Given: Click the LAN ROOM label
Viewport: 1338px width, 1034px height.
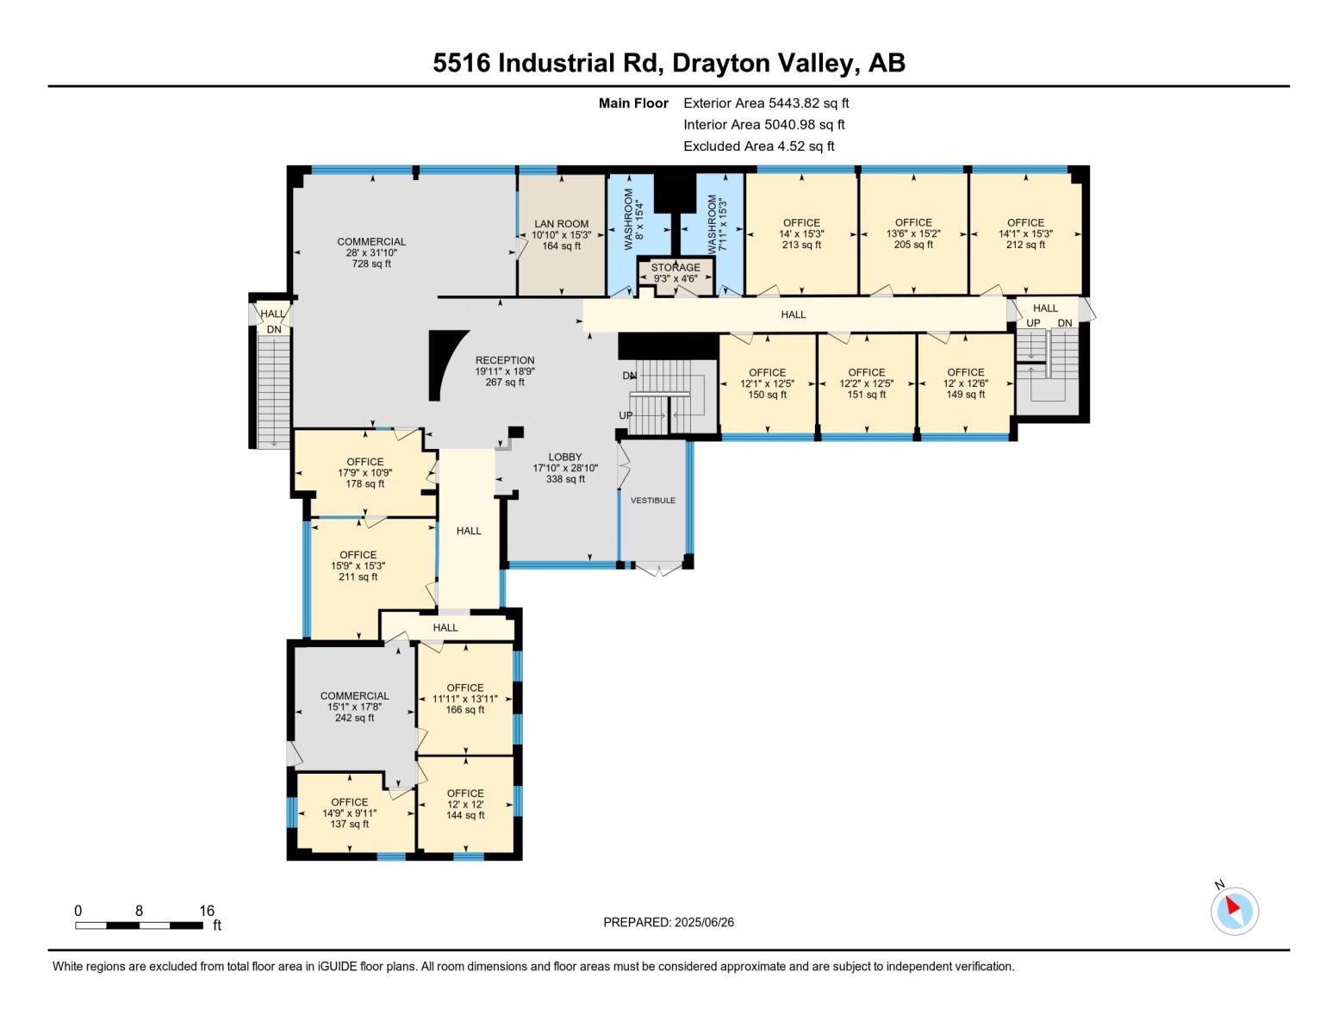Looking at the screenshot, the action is click(561, 223).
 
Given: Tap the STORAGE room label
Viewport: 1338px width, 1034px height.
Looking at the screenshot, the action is click(675, 267).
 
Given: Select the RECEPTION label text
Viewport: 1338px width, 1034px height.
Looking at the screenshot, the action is click(505, 360).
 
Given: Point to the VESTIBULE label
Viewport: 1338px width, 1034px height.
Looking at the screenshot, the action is click(653, 500).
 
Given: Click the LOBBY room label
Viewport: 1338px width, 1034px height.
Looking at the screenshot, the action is click(565, 457).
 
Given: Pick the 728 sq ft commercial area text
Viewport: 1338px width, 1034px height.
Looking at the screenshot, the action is click(371, 264).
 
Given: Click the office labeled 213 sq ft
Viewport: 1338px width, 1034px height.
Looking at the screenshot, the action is click(802, 234).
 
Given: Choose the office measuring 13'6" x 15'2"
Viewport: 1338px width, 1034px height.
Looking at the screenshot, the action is click(913, 234).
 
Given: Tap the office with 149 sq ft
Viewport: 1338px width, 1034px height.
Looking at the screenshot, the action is click(966, 383).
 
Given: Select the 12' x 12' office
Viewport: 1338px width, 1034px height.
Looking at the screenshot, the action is click(465, 804).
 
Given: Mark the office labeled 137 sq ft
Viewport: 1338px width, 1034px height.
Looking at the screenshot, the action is click(349, 813).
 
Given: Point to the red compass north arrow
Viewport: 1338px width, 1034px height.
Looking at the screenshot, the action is click(1233, 906).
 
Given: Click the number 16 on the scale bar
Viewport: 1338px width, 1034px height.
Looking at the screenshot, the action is click(207, 910).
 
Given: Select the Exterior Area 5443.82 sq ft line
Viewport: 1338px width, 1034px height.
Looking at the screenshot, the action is click(766, 103).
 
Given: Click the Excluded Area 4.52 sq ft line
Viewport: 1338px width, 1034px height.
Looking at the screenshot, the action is click(758, 146).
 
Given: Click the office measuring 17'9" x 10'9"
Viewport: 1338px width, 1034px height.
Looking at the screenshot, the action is click(365, 473).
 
